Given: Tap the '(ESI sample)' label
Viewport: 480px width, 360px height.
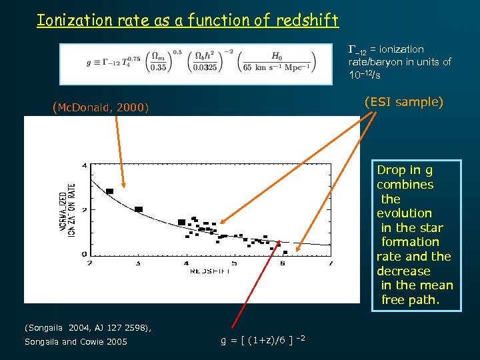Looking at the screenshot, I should click(x=403, y=101).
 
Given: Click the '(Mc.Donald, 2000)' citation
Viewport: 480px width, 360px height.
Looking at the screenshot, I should click(x=100, y=107).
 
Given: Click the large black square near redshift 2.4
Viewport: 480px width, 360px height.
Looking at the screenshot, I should click(x=109, y=191).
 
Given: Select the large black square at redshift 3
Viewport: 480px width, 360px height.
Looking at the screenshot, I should click(x=139, y=209).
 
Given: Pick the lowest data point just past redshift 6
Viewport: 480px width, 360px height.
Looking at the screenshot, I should click(x=285, y=253).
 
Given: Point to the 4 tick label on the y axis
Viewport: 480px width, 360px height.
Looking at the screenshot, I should click(x=84, y=165).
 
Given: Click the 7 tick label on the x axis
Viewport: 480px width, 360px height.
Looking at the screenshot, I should click(x=331, y=264).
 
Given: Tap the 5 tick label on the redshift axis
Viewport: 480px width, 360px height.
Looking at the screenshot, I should click(x=235, y=264).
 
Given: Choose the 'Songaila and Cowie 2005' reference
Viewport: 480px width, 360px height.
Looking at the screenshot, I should click(x=75, y=342).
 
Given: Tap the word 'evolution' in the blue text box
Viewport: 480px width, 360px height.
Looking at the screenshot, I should click(x=404, y=213).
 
